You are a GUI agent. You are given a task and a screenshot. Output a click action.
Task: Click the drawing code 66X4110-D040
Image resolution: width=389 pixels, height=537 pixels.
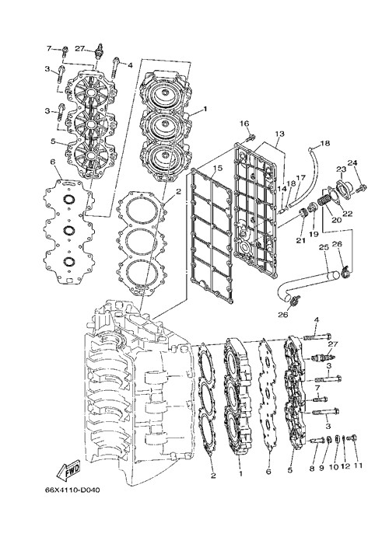pos(72,490)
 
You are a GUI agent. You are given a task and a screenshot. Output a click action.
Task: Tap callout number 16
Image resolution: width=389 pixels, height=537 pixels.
pos(244,124)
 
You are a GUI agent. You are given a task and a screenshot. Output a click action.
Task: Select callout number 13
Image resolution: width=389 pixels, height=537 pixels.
pos(279,134)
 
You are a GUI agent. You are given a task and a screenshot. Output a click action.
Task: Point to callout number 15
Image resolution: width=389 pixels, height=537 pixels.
pos(218,168)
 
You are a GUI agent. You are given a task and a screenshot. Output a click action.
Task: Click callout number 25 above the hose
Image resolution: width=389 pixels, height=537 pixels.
pos(324,247)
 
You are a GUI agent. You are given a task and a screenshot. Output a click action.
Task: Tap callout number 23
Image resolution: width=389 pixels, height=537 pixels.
pos(341,169)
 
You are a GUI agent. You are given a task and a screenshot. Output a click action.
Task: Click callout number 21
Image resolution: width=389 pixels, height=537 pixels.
pos(300,241)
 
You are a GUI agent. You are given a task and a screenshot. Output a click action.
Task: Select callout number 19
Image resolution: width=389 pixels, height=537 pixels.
pos(314,234)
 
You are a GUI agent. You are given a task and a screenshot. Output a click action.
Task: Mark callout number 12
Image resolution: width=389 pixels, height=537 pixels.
pos(345,466)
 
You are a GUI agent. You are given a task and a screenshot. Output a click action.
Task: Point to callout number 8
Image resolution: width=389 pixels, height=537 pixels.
pos(312,469)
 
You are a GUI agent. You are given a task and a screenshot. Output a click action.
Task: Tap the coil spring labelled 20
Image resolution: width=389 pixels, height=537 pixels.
pos(323,199)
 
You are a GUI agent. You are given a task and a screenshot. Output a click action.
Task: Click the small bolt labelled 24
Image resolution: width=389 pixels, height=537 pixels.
pos(361,187)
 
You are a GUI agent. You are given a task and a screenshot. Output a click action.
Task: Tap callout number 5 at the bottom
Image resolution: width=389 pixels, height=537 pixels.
pos(290,471)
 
